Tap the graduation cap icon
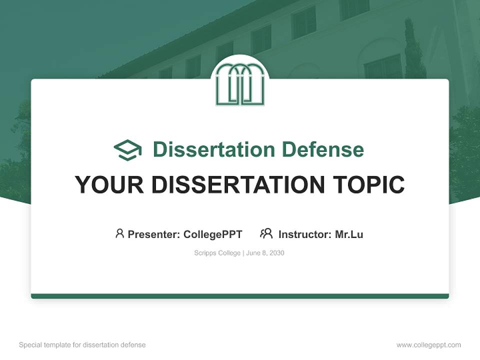[127, 149]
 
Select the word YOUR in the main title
[109, 184]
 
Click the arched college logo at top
[240, 84]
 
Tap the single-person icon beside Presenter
[119, 233]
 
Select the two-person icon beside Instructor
[266, 233]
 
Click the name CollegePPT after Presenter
[213, 234]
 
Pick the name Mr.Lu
[349, 234]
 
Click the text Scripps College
[217, 253]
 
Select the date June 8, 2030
[265, 253]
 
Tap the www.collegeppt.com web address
[428, 345]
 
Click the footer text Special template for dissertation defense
[82, 345]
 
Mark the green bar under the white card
[240, 296]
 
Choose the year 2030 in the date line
[276, 253]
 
